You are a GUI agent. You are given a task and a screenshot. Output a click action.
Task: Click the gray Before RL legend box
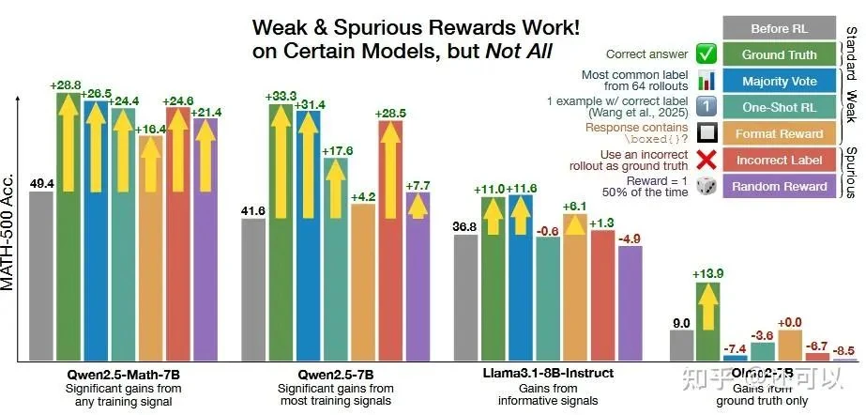[780, 28]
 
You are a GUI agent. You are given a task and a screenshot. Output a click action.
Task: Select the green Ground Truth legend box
[780, 54]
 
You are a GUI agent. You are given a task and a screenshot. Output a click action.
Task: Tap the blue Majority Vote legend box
[780, 81]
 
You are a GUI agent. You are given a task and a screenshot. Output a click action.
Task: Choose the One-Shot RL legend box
[780, 107]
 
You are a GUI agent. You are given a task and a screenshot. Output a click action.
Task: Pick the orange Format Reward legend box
[780, 133]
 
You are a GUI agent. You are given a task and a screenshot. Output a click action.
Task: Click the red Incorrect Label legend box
[780, 160]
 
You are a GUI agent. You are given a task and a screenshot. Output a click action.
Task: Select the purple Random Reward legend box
[780, 186]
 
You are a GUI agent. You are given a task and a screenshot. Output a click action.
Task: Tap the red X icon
[708, 160]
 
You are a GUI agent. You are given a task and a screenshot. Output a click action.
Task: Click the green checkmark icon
[708, 54]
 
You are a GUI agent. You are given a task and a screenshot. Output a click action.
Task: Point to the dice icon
[708, 186]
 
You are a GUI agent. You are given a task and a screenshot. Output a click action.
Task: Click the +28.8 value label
[67, 85]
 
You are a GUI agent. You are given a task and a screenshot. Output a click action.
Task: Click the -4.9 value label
[630, 237]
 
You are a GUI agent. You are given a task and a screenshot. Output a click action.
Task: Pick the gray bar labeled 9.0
[682, 345]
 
